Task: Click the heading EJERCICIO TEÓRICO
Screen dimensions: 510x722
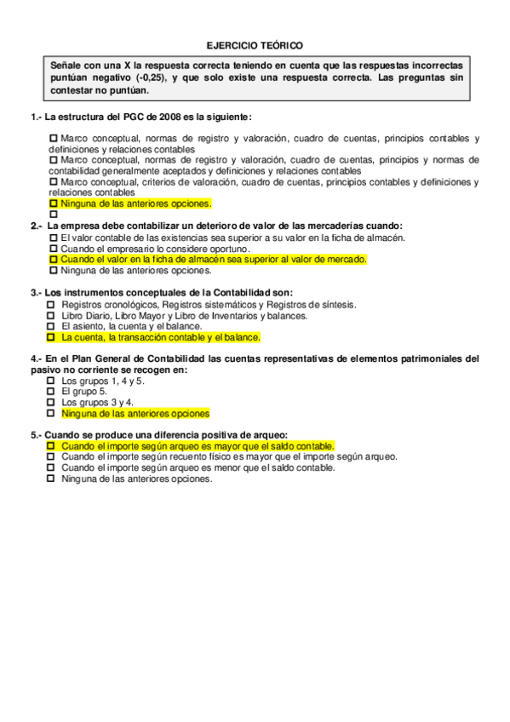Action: click(x=255, y=45)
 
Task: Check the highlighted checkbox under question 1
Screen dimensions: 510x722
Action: click(x=54, y=204)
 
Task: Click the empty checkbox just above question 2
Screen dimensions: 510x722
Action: click(x=54, y=215)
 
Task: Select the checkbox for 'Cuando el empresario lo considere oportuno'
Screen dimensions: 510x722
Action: click(x=54, y=248)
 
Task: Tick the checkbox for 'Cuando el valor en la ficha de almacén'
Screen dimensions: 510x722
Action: click(x=54, y=259)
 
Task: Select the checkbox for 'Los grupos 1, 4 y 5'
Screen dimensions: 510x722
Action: click(x=51, y=381)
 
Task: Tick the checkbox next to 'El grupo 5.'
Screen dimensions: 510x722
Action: click(x=51, y=392)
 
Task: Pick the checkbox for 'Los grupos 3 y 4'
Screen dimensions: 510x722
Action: click(x=51, y=402)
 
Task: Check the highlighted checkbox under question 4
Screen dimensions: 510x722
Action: click(x=51, y=414)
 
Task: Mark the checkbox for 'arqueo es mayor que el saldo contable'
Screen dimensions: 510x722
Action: click(x=51, y=445)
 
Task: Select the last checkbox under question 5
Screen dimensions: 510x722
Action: click(x=51, y=478)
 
